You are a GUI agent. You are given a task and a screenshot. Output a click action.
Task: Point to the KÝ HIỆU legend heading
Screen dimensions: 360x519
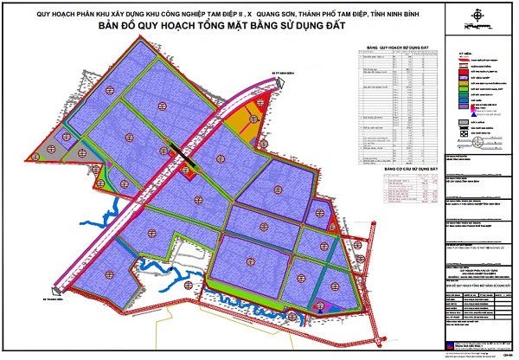click(x=466, y=53)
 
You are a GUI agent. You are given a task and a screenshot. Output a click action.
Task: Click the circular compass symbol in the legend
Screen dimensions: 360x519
click(x=465, y=135)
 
